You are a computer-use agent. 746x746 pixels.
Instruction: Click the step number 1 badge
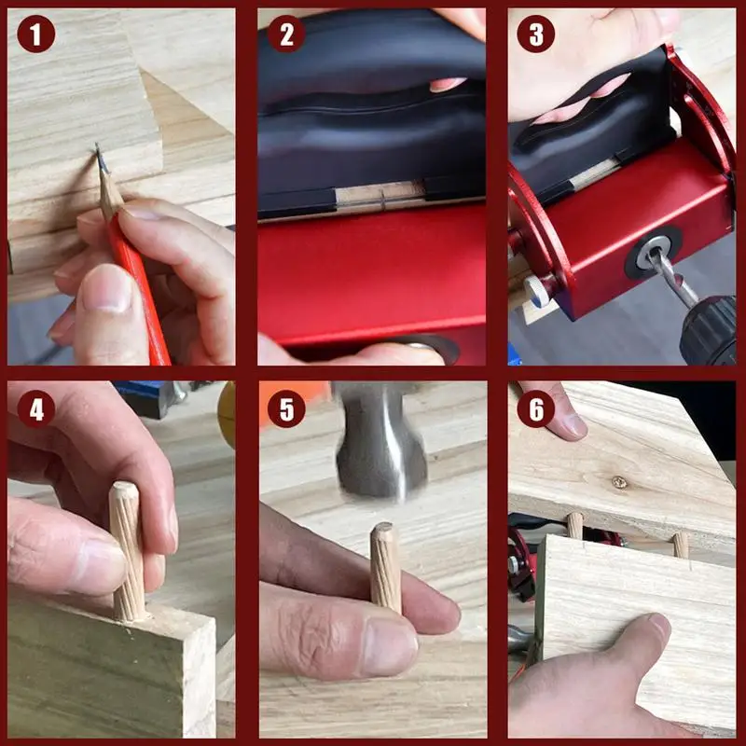(35, 34)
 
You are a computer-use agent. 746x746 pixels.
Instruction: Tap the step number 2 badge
(286, 34)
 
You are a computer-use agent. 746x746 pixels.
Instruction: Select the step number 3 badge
(535, 34)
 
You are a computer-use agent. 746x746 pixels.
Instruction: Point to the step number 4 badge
(35, 408)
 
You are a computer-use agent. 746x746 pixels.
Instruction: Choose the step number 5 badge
(286, 408)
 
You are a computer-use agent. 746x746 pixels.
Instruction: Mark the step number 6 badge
(535, 408)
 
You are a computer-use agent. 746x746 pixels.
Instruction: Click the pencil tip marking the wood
(97, 146)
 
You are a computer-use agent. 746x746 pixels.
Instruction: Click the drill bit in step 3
(671, 277)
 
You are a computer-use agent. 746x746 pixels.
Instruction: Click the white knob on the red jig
(535, 291)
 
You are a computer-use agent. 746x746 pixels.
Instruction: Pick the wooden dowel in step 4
(127, 551)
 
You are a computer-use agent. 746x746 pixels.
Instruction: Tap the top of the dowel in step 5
(382, 527)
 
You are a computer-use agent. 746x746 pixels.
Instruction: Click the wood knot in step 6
(619, 483)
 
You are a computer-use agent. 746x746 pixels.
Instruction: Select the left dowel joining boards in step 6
(575, 525)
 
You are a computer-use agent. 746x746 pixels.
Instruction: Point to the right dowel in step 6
(681, 546)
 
